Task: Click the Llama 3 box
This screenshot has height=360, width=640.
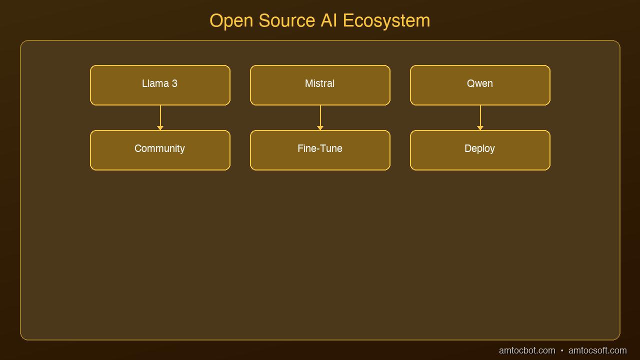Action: coord(160,85)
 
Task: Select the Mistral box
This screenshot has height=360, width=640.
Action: coord(320,85)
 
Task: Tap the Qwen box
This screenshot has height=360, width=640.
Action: coord(480,85)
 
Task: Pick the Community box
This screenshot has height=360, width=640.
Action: coord(160,150)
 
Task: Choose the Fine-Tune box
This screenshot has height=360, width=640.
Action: coord(320,150)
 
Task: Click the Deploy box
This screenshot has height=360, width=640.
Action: coord(480,150)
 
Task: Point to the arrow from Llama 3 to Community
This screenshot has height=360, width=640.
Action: coord(160,117)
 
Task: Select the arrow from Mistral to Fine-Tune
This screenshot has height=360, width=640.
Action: coord(320,117)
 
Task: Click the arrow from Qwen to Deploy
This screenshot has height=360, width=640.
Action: coord(480,117)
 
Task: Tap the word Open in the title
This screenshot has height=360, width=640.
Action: coord(231,21)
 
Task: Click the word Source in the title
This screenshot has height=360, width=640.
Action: coord(287,20)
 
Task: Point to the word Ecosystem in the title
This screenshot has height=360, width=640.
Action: coord(386,21)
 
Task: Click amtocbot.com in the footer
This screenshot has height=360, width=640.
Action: coord(527,350)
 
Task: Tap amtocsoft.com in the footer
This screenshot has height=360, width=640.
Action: coord(597,350)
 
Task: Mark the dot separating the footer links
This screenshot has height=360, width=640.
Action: coord(562,350)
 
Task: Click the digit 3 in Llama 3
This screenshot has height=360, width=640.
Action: coord(174,83)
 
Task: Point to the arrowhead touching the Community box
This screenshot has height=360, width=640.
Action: coord(160,128)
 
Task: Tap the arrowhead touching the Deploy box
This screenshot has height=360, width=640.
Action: coord(480,128)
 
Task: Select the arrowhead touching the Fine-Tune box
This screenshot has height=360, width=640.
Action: coord(320,128)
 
